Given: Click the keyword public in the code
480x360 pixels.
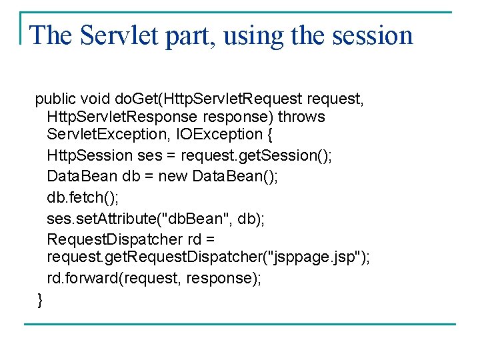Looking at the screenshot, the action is (x=55, y=100).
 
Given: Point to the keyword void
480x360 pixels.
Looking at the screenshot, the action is (x=95, y=100).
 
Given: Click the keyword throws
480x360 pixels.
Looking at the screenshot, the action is (x=301, y=117).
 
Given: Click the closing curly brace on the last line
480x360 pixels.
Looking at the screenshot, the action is (x=40, y=300).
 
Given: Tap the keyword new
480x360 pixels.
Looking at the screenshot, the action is (x=173, y=177).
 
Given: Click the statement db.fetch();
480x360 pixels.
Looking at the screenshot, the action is (x=77, y=199).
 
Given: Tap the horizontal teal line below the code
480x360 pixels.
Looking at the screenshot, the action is (x=240, y=325).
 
